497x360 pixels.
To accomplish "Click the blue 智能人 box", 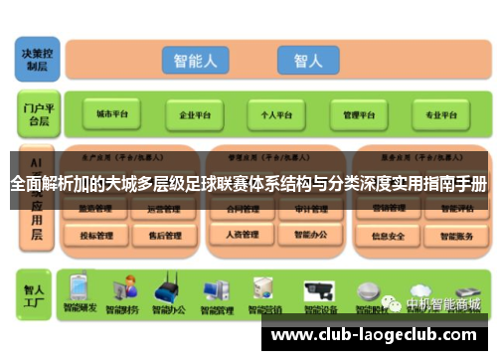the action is [195, 61].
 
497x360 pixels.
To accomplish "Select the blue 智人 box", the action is [308, 61].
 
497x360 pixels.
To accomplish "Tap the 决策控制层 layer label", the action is [37, 58].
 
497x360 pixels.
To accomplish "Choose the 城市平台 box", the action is [111, 114].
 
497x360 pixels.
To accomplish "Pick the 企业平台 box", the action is [193, 114].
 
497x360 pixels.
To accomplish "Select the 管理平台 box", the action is [359, 114].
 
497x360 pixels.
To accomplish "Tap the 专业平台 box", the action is [440, 114].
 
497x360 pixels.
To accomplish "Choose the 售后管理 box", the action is [164, 236].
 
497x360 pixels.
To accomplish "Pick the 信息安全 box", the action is [388, 236].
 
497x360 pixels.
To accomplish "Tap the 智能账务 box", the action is [456, 236].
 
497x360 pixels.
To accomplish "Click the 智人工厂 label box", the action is [37, 295].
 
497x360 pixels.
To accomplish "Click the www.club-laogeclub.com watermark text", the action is [374, 334].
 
